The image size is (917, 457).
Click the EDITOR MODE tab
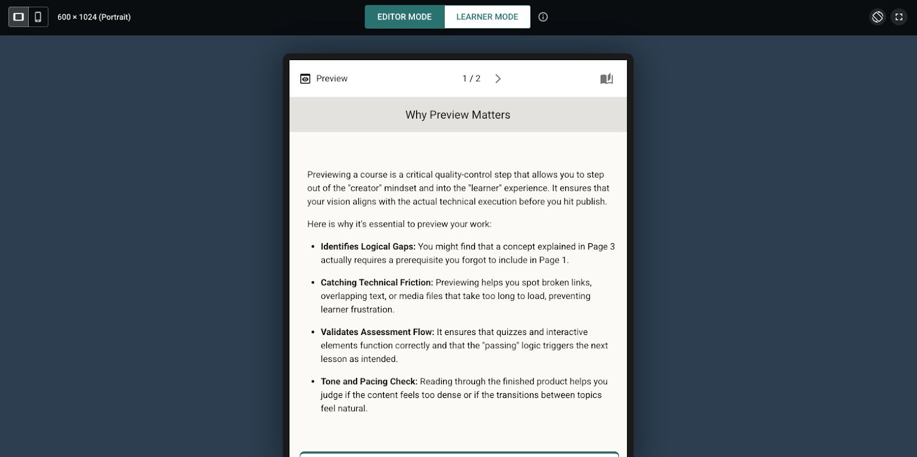(404, 17)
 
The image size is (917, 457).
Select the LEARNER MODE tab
(487, 17)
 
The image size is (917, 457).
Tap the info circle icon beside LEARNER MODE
(543, 17)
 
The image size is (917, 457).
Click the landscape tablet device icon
(18, 17)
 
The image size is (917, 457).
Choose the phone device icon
(38, 17)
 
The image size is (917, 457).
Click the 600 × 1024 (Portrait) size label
(94, 17)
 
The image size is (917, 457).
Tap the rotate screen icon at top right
(877, 17)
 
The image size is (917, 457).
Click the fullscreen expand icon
(899, 17)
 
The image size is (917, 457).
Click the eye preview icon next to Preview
(305, 79)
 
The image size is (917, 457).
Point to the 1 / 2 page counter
(471, 79)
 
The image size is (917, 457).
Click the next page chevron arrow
(498, 79)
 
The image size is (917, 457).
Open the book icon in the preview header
(606, 79)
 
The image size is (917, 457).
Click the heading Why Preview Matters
(457, 115)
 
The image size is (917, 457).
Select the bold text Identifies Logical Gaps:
(368, 247)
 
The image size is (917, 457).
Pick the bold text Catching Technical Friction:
(377, 283)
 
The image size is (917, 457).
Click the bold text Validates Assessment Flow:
(377, 332)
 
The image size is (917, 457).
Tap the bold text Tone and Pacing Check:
(369, 381)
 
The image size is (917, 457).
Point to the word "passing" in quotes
(500, 346)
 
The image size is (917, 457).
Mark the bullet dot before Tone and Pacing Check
(313, 381)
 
